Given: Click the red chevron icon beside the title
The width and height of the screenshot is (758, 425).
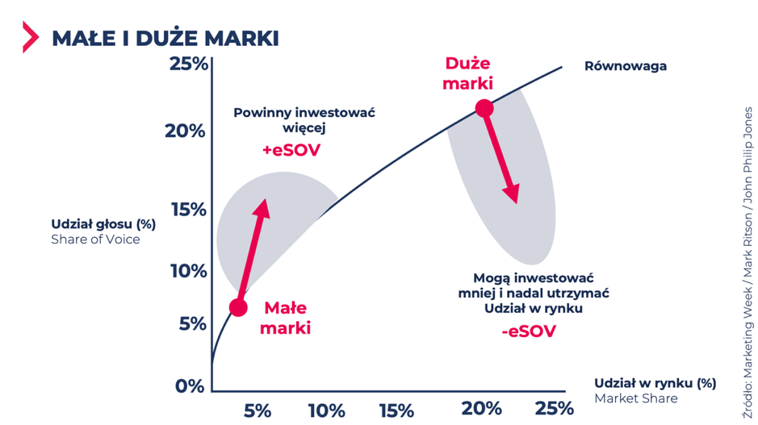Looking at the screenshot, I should [31, 37].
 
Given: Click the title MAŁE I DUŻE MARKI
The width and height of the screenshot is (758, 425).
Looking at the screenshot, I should [165, 38].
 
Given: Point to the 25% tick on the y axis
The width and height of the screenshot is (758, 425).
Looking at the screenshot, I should [187, 64].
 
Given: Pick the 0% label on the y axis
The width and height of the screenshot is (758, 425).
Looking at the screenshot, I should [190, 385].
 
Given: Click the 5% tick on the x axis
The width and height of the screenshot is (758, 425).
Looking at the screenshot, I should [257, 410].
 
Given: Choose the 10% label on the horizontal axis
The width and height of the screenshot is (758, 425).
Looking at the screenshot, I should [325, 410].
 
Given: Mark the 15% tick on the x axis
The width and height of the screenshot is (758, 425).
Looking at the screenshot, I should [396, 410].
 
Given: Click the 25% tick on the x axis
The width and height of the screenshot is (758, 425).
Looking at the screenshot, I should [554, 408].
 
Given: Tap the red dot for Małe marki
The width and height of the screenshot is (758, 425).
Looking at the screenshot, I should [238, 307].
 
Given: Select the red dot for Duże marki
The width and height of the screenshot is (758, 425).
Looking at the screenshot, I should [484, 108].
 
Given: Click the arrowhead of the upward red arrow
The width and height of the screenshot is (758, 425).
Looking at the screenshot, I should [262, 206].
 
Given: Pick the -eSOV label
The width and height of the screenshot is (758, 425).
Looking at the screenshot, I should [528, 331].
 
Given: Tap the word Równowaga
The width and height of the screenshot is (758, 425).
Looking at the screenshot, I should [626, 66].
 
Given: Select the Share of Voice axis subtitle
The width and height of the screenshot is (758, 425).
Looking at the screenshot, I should [95, 239].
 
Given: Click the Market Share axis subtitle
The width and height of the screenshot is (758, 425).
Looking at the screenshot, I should [635, 398].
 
